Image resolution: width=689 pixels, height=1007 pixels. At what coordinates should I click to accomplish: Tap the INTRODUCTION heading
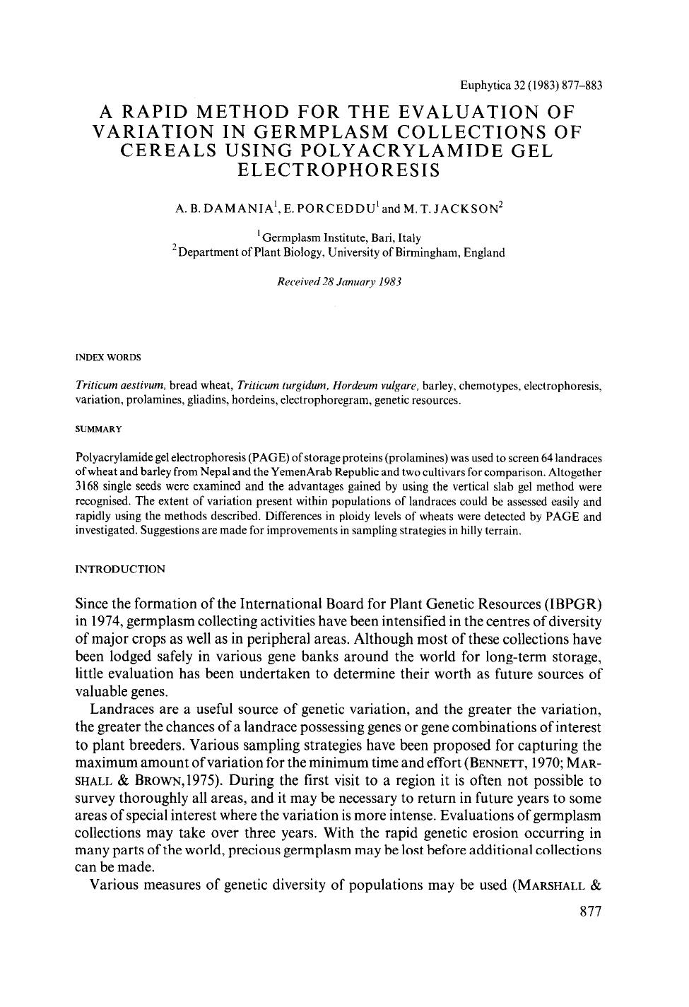(119, 569)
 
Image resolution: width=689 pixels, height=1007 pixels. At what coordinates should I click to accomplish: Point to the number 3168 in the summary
(87, 488)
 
